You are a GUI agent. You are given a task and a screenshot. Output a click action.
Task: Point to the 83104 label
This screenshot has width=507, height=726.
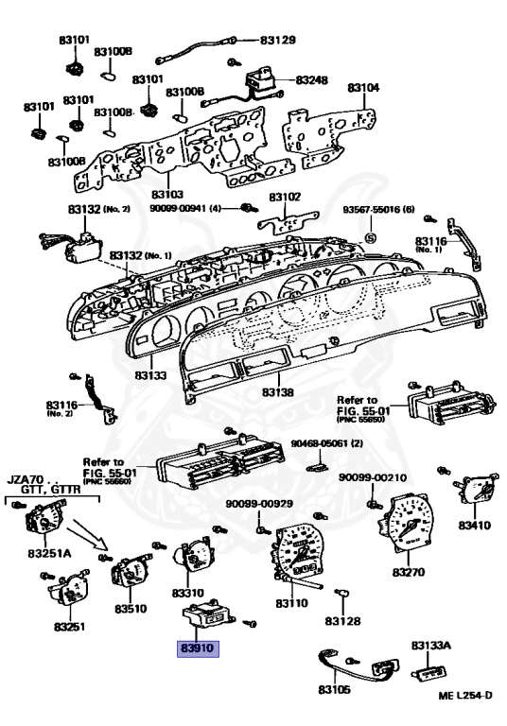362,88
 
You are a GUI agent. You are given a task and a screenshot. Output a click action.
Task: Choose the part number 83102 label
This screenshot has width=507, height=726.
284,198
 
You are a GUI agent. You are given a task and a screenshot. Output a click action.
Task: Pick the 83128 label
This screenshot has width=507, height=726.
342,621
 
